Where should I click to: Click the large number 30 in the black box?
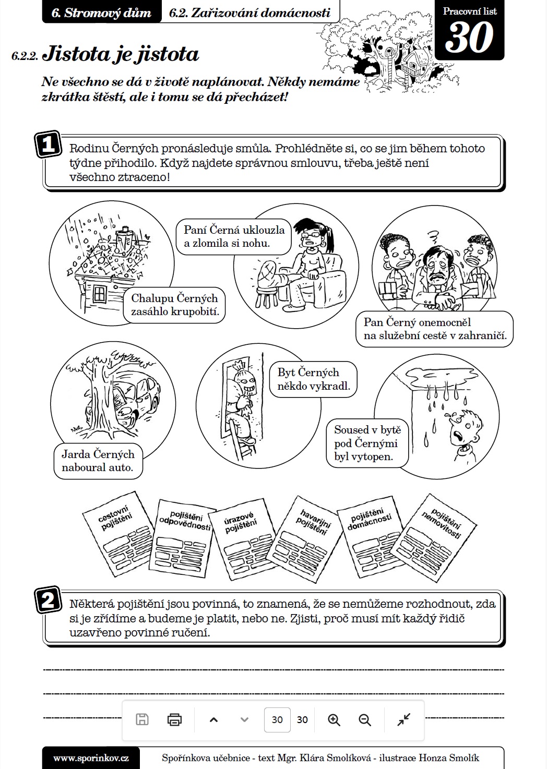coord(469,38)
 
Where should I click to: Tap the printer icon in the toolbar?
coord(174,719)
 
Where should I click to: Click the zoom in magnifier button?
coord(334,719)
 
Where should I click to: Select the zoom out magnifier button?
coord(365,719)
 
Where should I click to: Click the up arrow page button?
coord(213,719)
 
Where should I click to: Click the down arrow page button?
coord(244,719)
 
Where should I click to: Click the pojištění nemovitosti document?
coord(436,537)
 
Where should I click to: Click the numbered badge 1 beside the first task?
coord(48,144)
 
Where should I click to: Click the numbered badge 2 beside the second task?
coord(48,600)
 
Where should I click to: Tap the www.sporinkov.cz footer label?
coord(91,758)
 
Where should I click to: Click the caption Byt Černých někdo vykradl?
coord(314,379)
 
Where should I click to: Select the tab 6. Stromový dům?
coord(101,13)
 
